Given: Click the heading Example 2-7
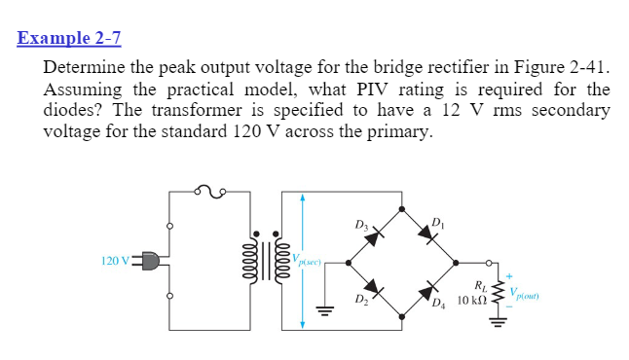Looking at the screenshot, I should tap(69, 39).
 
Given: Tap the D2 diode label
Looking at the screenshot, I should tap(360, 298).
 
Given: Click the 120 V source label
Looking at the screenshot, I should tap(115, 261).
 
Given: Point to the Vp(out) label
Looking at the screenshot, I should tap(527, 289).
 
